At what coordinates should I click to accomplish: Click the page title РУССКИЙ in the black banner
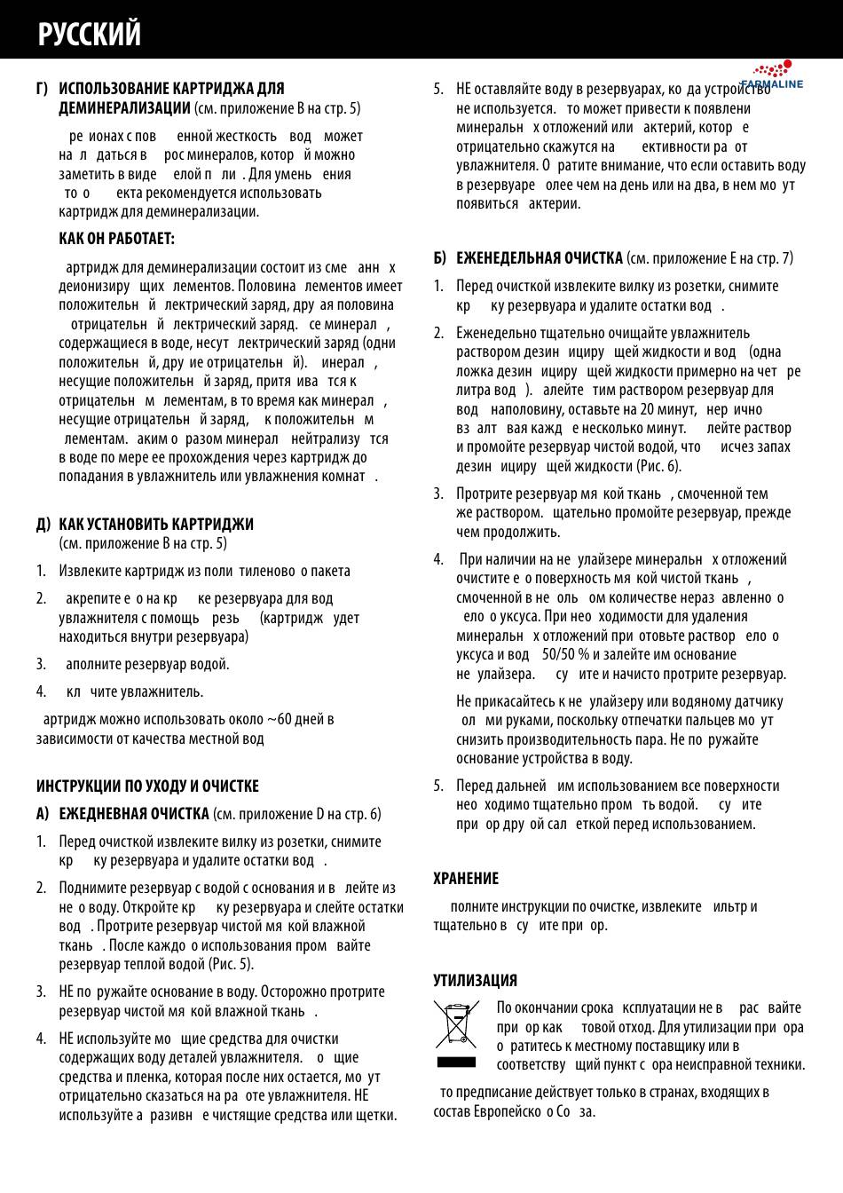[90, 34]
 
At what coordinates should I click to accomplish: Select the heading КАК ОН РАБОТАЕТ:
[116, 239]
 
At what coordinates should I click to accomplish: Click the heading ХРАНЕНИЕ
[466, 878]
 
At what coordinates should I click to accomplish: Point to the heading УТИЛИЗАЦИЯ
[475, 980]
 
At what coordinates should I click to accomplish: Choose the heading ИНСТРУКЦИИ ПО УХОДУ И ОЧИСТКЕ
[147, 786]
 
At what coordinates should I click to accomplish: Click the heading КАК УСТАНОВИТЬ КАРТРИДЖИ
[156, 524]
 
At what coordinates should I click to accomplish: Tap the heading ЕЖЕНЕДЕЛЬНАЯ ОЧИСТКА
[539, 258]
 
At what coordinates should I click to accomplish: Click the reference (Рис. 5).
[232, 964]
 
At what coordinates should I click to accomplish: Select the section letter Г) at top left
[43, 89]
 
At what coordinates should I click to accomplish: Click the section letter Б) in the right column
[440, 258]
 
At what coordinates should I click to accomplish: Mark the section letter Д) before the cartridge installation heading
[43, 524]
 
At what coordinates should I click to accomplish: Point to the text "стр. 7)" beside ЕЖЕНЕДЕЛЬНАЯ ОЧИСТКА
[775, 258]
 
